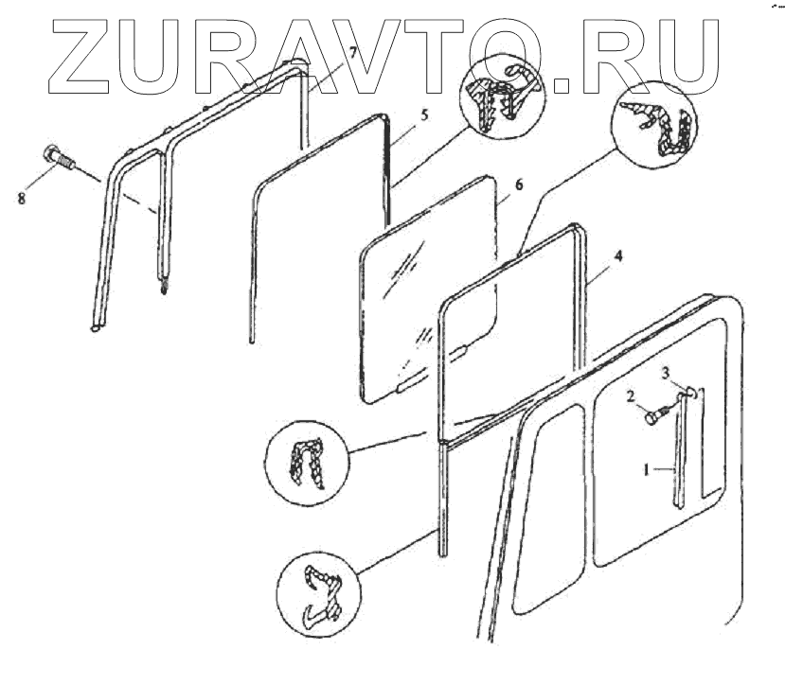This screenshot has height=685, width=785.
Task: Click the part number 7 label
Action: click(x=353, y=52)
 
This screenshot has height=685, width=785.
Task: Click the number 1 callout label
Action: click(x=649, y=468)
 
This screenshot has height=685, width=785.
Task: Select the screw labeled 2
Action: click(x=654, y=413)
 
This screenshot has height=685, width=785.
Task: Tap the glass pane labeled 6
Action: click(x=426, y=284)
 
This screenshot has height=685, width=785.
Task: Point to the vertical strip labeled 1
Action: click(x=680, y=454)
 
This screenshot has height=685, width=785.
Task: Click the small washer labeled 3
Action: click(x=690, y=390)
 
